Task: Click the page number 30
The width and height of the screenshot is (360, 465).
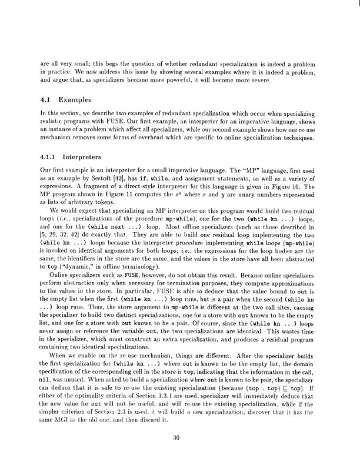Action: (180, 436)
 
